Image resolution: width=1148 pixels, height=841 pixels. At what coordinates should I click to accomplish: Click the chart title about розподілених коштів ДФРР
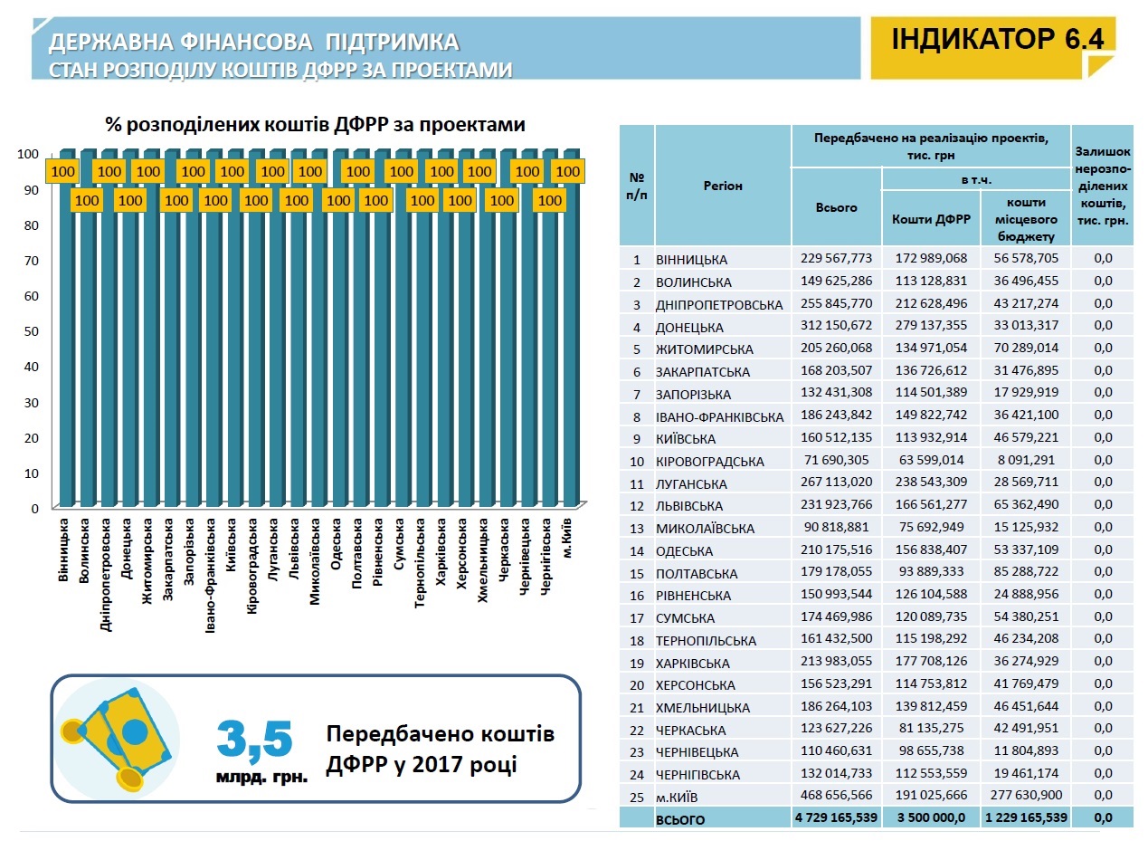pos(315,125)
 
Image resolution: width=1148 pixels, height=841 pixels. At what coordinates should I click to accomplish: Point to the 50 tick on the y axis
pos(31,331)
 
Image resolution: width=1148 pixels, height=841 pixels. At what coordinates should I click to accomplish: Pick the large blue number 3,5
pos(255,740)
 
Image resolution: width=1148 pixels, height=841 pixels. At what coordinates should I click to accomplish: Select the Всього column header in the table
pos(836,207)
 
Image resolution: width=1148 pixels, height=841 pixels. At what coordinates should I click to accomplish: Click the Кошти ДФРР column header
pos(931,218)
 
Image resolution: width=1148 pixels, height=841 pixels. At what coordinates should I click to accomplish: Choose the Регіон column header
pos(722,186)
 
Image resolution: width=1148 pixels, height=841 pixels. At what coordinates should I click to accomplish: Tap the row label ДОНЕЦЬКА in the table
pos(691,327)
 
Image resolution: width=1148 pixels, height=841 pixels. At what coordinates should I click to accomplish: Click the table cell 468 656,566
pos(837,796)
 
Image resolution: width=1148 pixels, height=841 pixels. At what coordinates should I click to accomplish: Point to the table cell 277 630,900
pos(1025,796)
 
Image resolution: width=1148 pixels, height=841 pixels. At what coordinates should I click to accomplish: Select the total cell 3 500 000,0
pos(931,818)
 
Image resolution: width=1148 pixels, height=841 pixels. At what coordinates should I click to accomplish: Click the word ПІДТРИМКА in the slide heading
pos(391,42)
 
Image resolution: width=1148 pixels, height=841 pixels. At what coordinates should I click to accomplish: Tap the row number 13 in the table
pos(637,528)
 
